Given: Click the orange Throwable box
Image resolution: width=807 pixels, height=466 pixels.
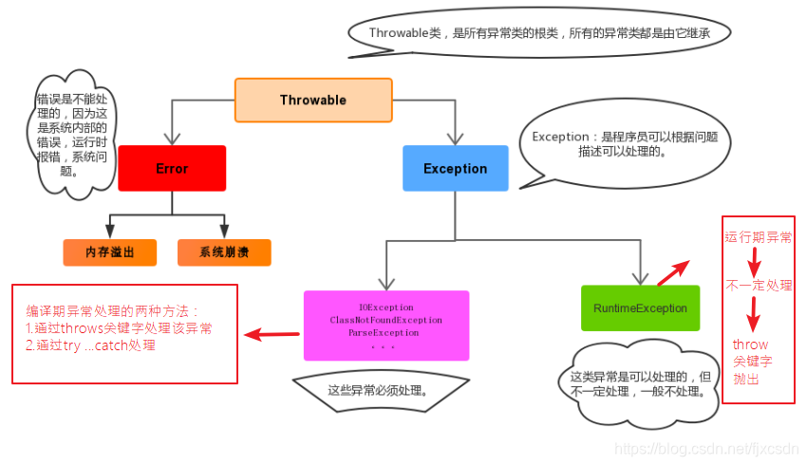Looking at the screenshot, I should coord(313,101).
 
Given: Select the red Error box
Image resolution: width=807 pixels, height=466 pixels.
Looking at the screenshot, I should coord(172,169).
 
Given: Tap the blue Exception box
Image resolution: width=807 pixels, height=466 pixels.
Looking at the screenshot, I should coord(455,169).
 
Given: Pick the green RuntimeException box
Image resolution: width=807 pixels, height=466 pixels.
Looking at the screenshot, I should coord(640,308).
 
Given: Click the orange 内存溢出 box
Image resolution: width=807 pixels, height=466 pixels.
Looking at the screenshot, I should coord(110,252).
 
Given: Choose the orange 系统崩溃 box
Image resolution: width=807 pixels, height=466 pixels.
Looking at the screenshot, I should coord(224,252).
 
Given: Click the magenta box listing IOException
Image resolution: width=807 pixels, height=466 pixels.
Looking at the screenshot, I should coord(385,326).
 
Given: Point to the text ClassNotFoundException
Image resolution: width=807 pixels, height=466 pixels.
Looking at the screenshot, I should coord(385,321).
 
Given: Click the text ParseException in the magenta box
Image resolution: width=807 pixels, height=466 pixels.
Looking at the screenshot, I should coord(384,333).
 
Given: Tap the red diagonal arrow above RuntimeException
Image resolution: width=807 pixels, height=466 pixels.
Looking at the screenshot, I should coord(673,271).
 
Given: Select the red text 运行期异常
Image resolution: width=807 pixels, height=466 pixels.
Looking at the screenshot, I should coord(759,236).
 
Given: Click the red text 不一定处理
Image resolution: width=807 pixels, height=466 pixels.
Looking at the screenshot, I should coord(759,285).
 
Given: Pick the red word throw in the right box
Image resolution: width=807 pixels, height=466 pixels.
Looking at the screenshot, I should coord(750,345).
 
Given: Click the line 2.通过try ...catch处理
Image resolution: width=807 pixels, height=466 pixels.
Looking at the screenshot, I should coord(90,346).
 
